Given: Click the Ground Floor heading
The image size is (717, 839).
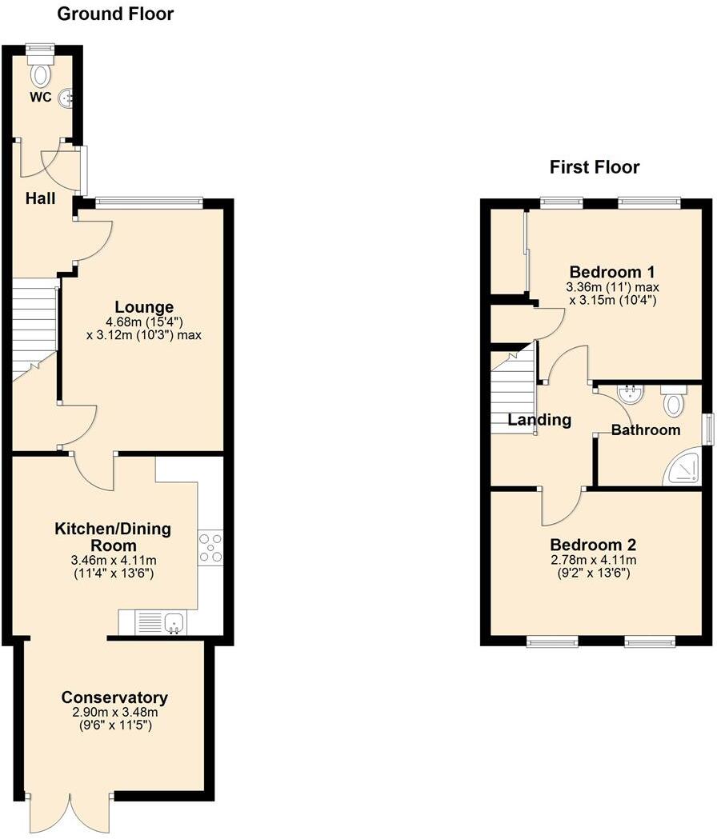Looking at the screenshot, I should click(116, 14).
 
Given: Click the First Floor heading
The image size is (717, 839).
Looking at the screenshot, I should click(594, 167).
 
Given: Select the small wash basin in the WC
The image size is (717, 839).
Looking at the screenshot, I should click(67, 98).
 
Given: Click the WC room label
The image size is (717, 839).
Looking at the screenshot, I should click(41, 98).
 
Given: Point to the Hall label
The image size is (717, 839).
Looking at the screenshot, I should click(40, 198).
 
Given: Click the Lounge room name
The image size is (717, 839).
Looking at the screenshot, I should click(144, 307).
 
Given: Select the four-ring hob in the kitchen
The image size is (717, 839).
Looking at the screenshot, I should click(210, 548).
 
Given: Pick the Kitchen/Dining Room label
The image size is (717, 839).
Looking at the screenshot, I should click(112, 537).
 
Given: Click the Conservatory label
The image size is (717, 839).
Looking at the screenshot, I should click(114, 697).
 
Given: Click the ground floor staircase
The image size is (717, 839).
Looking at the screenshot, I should click(33, 328).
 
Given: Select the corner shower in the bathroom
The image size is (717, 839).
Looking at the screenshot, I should click(683, 470).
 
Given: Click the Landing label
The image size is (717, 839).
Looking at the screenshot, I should click(540, 420).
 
